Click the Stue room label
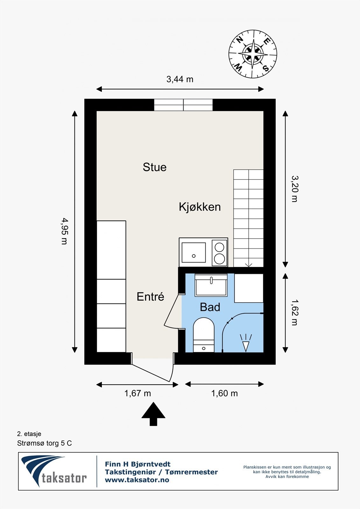tap(155, 167)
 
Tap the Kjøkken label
tap(200, 207)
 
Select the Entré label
tap(150, 296)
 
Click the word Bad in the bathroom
tap(210, 307)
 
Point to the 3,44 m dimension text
tap(180, 79)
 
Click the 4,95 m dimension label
tap(65, 231)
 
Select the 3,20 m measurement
tap(295, 189)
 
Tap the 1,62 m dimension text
tap(295, 313)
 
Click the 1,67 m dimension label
tap(138, 393)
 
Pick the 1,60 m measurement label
tap(224, 393)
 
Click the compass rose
tap(253, 54)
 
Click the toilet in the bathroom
tap(203, 335)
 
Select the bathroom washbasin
tap(211, 285)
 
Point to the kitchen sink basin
tap(194, 253)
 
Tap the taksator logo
tap(54, 471)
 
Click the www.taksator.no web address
tap(137, 480)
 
